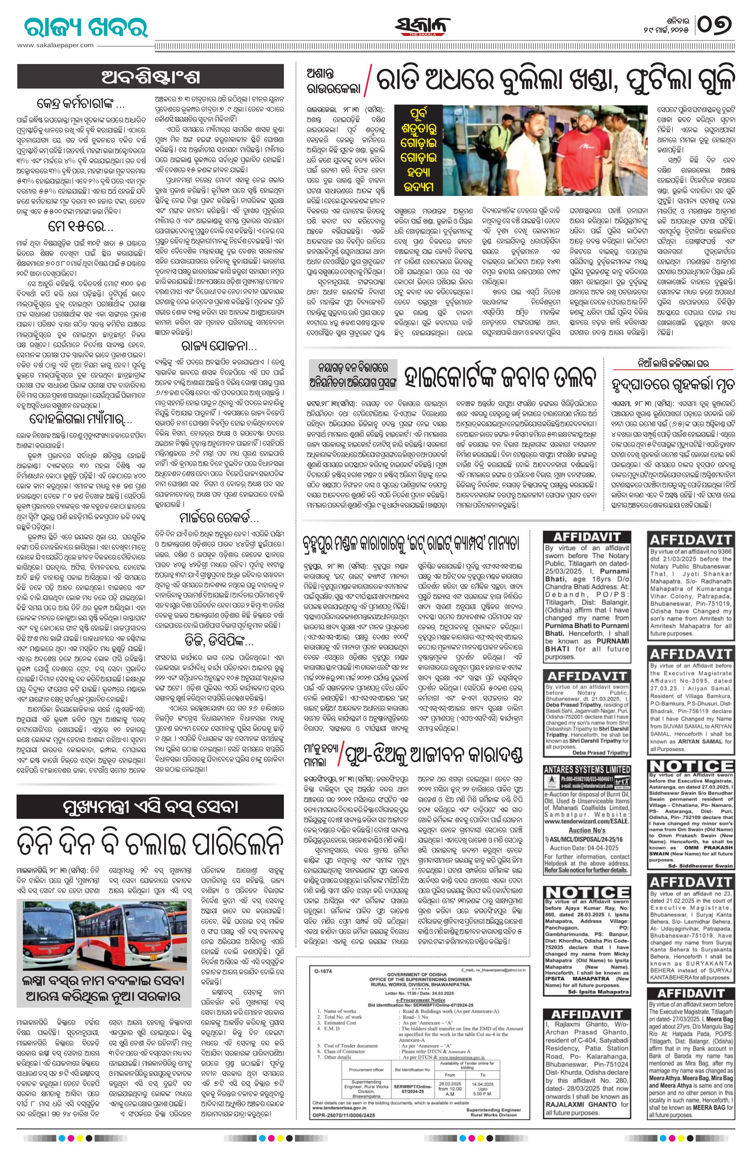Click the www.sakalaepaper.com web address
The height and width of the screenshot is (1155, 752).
coord(55,45)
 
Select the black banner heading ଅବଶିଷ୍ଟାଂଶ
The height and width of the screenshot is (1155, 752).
coord(151,77)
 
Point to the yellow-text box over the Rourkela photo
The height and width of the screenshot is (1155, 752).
coord(418,151)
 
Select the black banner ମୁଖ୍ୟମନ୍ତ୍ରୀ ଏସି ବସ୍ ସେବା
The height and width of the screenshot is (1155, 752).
coord(151,806)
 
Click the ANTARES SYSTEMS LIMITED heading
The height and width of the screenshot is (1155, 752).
coord(587,770)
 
